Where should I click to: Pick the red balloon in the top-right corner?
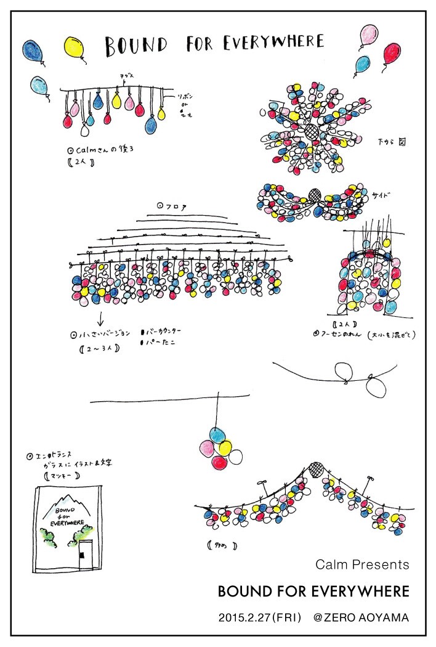(x=392, y=54)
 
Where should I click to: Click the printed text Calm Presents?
(x=362, y=564)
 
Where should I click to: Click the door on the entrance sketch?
(x=85, y=554)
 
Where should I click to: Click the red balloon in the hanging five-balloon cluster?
(x=220, y=462)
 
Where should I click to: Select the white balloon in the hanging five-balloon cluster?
(x=236, y=457)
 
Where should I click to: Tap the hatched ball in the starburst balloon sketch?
(x=313, y=131)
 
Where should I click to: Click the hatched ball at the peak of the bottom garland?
(x=317, y=469)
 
